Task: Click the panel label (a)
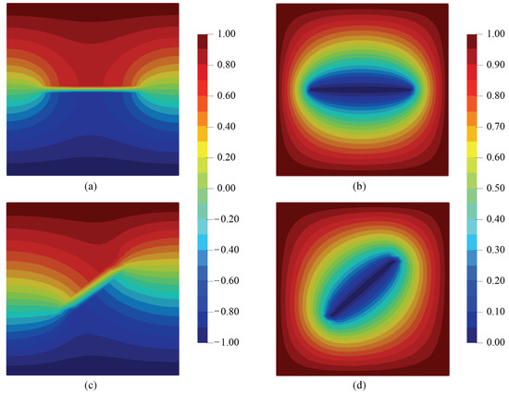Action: click(90, 186)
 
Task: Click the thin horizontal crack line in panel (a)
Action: click(90, 89)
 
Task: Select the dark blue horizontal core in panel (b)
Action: click(362, 89)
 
